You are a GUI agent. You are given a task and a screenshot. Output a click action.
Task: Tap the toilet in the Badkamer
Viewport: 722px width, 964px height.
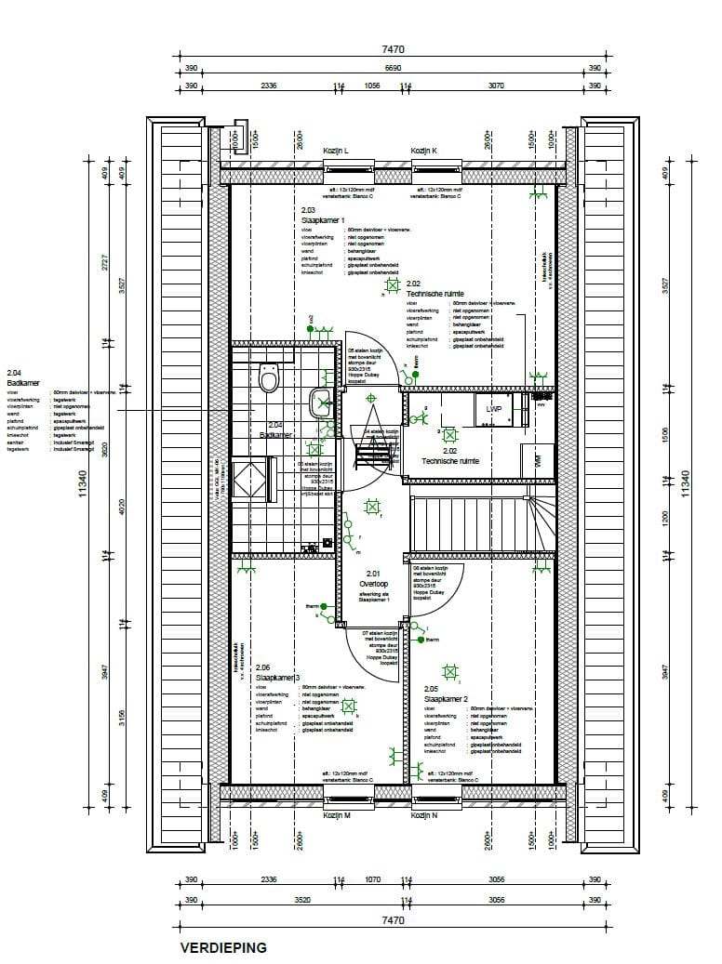270,379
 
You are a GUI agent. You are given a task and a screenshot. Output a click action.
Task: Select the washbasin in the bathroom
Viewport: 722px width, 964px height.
320,402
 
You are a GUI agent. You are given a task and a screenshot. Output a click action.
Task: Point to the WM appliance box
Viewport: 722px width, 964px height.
538,459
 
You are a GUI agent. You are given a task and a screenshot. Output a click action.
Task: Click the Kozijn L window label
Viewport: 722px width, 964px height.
335,151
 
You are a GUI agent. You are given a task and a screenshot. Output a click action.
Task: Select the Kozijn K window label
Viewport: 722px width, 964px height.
423,151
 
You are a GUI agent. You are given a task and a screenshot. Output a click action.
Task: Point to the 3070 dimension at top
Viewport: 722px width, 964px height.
495,86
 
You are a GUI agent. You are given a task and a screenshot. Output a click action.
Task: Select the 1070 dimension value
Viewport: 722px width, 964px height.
372,880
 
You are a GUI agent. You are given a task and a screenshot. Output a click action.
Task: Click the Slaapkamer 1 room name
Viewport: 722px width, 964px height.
323,220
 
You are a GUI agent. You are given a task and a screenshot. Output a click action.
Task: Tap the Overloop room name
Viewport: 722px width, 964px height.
374,584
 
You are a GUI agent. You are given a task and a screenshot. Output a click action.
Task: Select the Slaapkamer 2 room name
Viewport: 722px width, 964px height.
446,698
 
